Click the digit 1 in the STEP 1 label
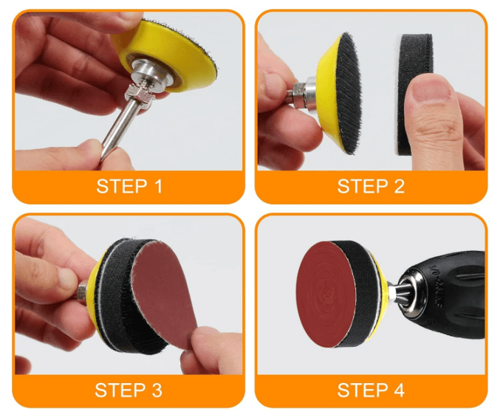coord(157,187)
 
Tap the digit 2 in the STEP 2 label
coord(399,187)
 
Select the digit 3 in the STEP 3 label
coord(157,390)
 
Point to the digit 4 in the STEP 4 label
coord(399,390)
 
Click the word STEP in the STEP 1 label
coord(122,187)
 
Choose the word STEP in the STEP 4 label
coord(363,390)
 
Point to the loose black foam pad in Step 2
coord(414,93)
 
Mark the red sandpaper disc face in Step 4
coord(325,295)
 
